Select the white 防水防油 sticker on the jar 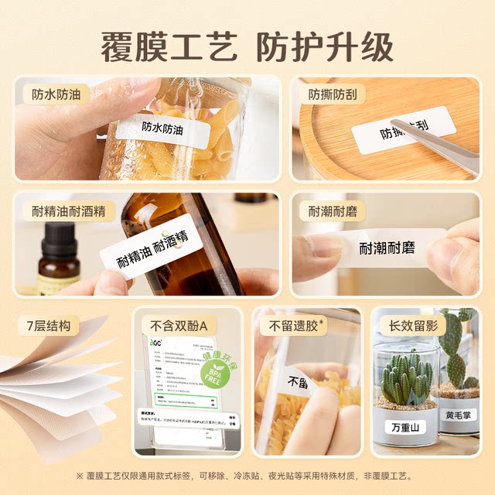(163, 129)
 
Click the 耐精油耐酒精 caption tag (69, 211)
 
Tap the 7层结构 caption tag (49, 326)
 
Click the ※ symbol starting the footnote (79, 475)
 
